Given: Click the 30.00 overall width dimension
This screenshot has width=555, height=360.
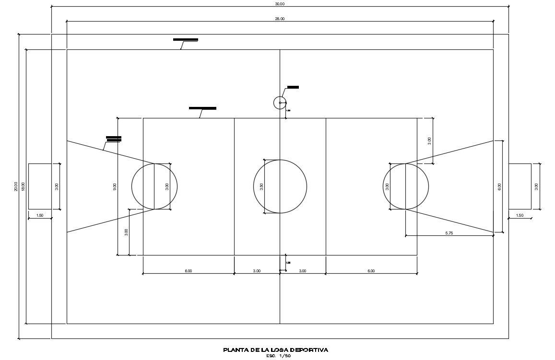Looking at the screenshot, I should coord(280,4).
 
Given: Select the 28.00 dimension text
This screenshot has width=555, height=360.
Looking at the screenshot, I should coord(280,19).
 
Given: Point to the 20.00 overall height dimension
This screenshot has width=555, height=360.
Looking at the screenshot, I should coord(16,186).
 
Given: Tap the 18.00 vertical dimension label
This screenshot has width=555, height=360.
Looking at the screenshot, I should coord(23,186).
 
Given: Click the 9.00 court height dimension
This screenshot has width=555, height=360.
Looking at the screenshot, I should coord(114,186).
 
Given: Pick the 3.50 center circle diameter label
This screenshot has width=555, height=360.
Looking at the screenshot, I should coord(261,186).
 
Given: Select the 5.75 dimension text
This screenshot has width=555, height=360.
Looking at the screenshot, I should coord(449,233).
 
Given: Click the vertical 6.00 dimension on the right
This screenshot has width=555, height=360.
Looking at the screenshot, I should coord(499,186).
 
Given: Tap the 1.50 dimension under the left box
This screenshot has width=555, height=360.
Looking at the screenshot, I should coord(40,216).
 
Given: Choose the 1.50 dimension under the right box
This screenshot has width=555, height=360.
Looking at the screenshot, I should coord(520,216).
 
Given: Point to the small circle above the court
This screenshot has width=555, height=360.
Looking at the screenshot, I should coord(280,103).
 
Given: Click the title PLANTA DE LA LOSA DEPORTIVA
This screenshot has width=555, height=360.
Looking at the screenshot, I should coord(276,350).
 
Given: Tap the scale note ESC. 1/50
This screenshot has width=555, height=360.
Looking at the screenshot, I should coord(278,356).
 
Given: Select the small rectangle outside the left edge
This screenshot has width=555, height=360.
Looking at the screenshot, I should coord(40,186).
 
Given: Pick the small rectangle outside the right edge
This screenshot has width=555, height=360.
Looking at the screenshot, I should coord(520,186).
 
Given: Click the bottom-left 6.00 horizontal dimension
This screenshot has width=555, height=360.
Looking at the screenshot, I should coord(188,271).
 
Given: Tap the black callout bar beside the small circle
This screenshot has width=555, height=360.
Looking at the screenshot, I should coord(293,87).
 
